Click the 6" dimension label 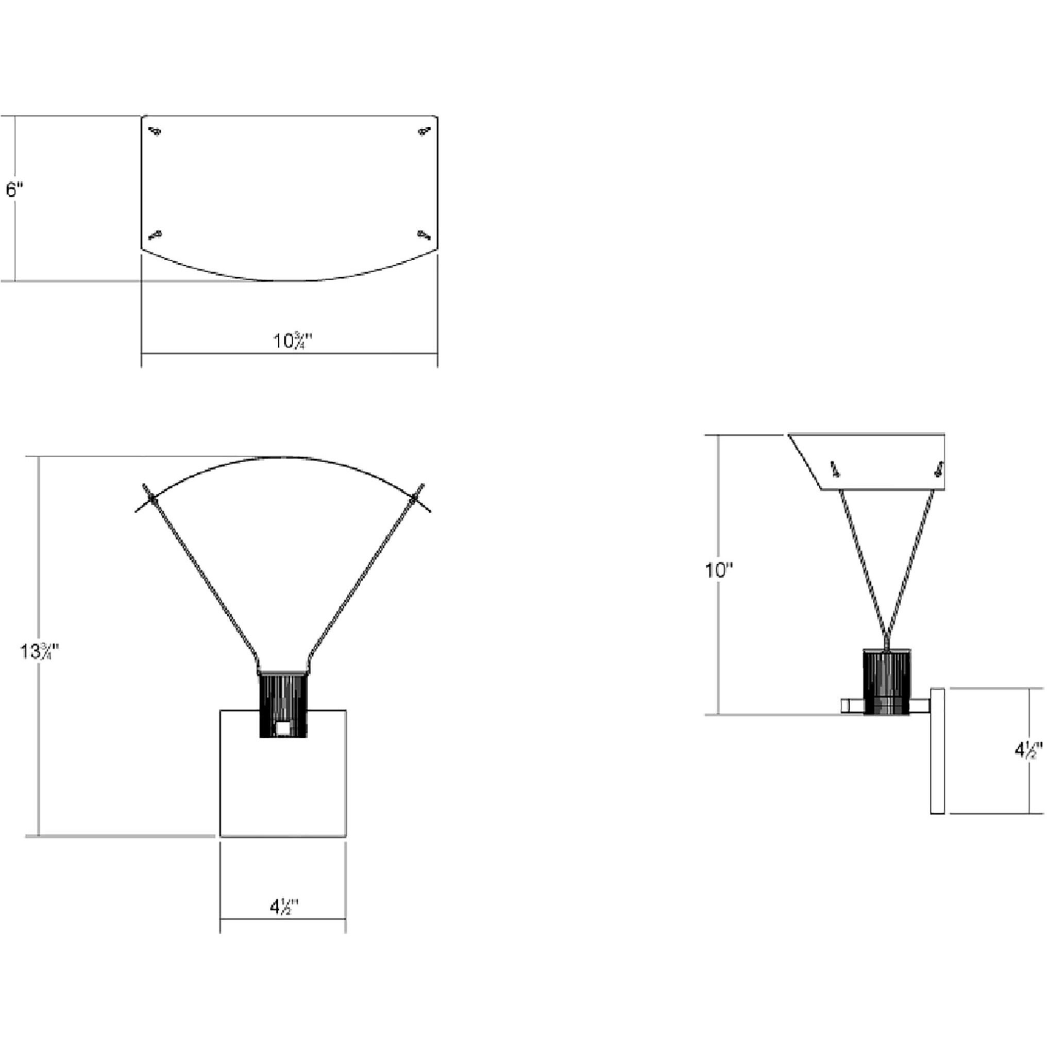click(x=14, y=191)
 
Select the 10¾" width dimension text click(x=293, y=341)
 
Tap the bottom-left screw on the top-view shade click(x=156, y=234)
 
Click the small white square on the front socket click(x=282, y=728)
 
